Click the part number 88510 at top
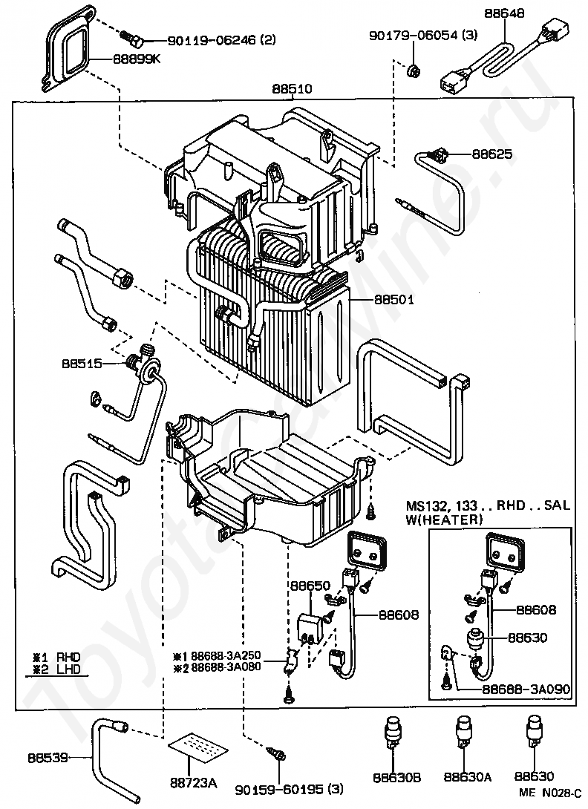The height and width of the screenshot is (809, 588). (292, 88)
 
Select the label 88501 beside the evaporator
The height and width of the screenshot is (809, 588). (394, 299)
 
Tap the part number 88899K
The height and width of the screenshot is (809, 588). (137, 59)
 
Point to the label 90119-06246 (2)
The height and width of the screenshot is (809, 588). (221, 40)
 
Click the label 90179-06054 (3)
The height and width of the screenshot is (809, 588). (423, 35)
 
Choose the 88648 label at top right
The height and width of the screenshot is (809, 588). (504, 13)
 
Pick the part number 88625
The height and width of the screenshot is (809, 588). (492, 154)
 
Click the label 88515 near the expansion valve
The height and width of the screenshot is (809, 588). (82, 363)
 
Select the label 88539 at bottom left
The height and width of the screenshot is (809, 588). (48, 758)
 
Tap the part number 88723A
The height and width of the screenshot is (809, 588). (193, 783)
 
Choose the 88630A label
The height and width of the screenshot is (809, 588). (467, 776)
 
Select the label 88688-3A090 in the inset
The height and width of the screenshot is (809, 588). (526, 689)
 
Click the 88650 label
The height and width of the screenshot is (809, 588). (310, 586)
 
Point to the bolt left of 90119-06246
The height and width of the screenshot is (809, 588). (131, 38)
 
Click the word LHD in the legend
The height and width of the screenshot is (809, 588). (68, 669)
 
